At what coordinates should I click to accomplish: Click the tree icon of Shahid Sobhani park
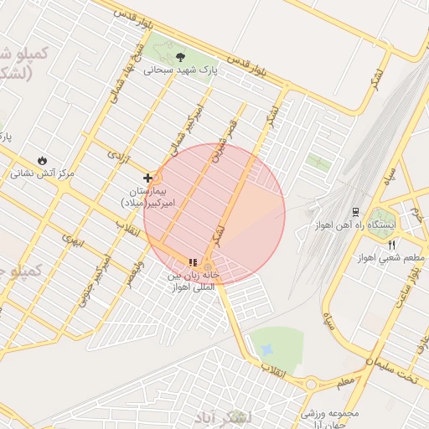pyautogui.click(x=181, y=58)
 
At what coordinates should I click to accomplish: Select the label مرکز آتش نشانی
pyautogui.click(x=43, y=174)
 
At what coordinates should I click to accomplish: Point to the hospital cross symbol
pyautogui.click(x=148, y=178)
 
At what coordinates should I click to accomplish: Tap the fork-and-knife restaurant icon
pyautogui.click(x=392, y=245)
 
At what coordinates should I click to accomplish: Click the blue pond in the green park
pyautogui.click(x=267, y=347)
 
